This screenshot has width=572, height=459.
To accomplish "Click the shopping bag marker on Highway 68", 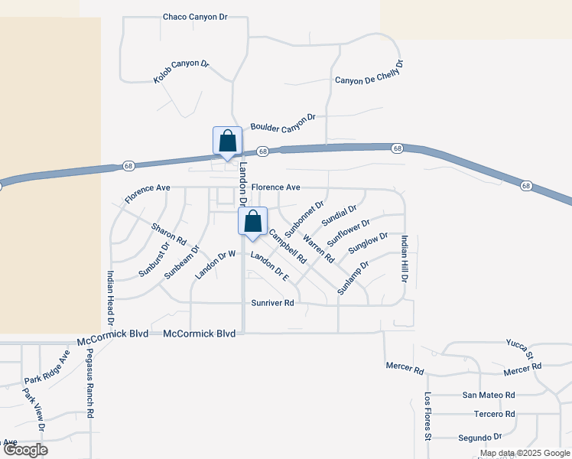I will (227, 142).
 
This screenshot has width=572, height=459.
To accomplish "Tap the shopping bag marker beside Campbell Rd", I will (252, 222).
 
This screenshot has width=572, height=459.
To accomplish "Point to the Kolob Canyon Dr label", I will (181, 72).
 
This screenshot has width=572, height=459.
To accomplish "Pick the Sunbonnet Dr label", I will (304, 218).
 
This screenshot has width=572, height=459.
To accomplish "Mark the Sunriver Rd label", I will (273, 303).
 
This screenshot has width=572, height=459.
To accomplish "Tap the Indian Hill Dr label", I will (404, 259).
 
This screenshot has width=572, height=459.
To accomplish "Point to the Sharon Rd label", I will (169, 234).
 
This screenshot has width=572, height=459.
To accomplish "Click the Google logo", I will (25, 450).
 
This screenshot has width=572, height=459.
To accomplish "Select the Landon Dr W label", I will (213, 265).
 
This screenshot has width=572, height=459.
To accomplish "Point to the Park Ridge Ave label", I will (47, 369).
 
